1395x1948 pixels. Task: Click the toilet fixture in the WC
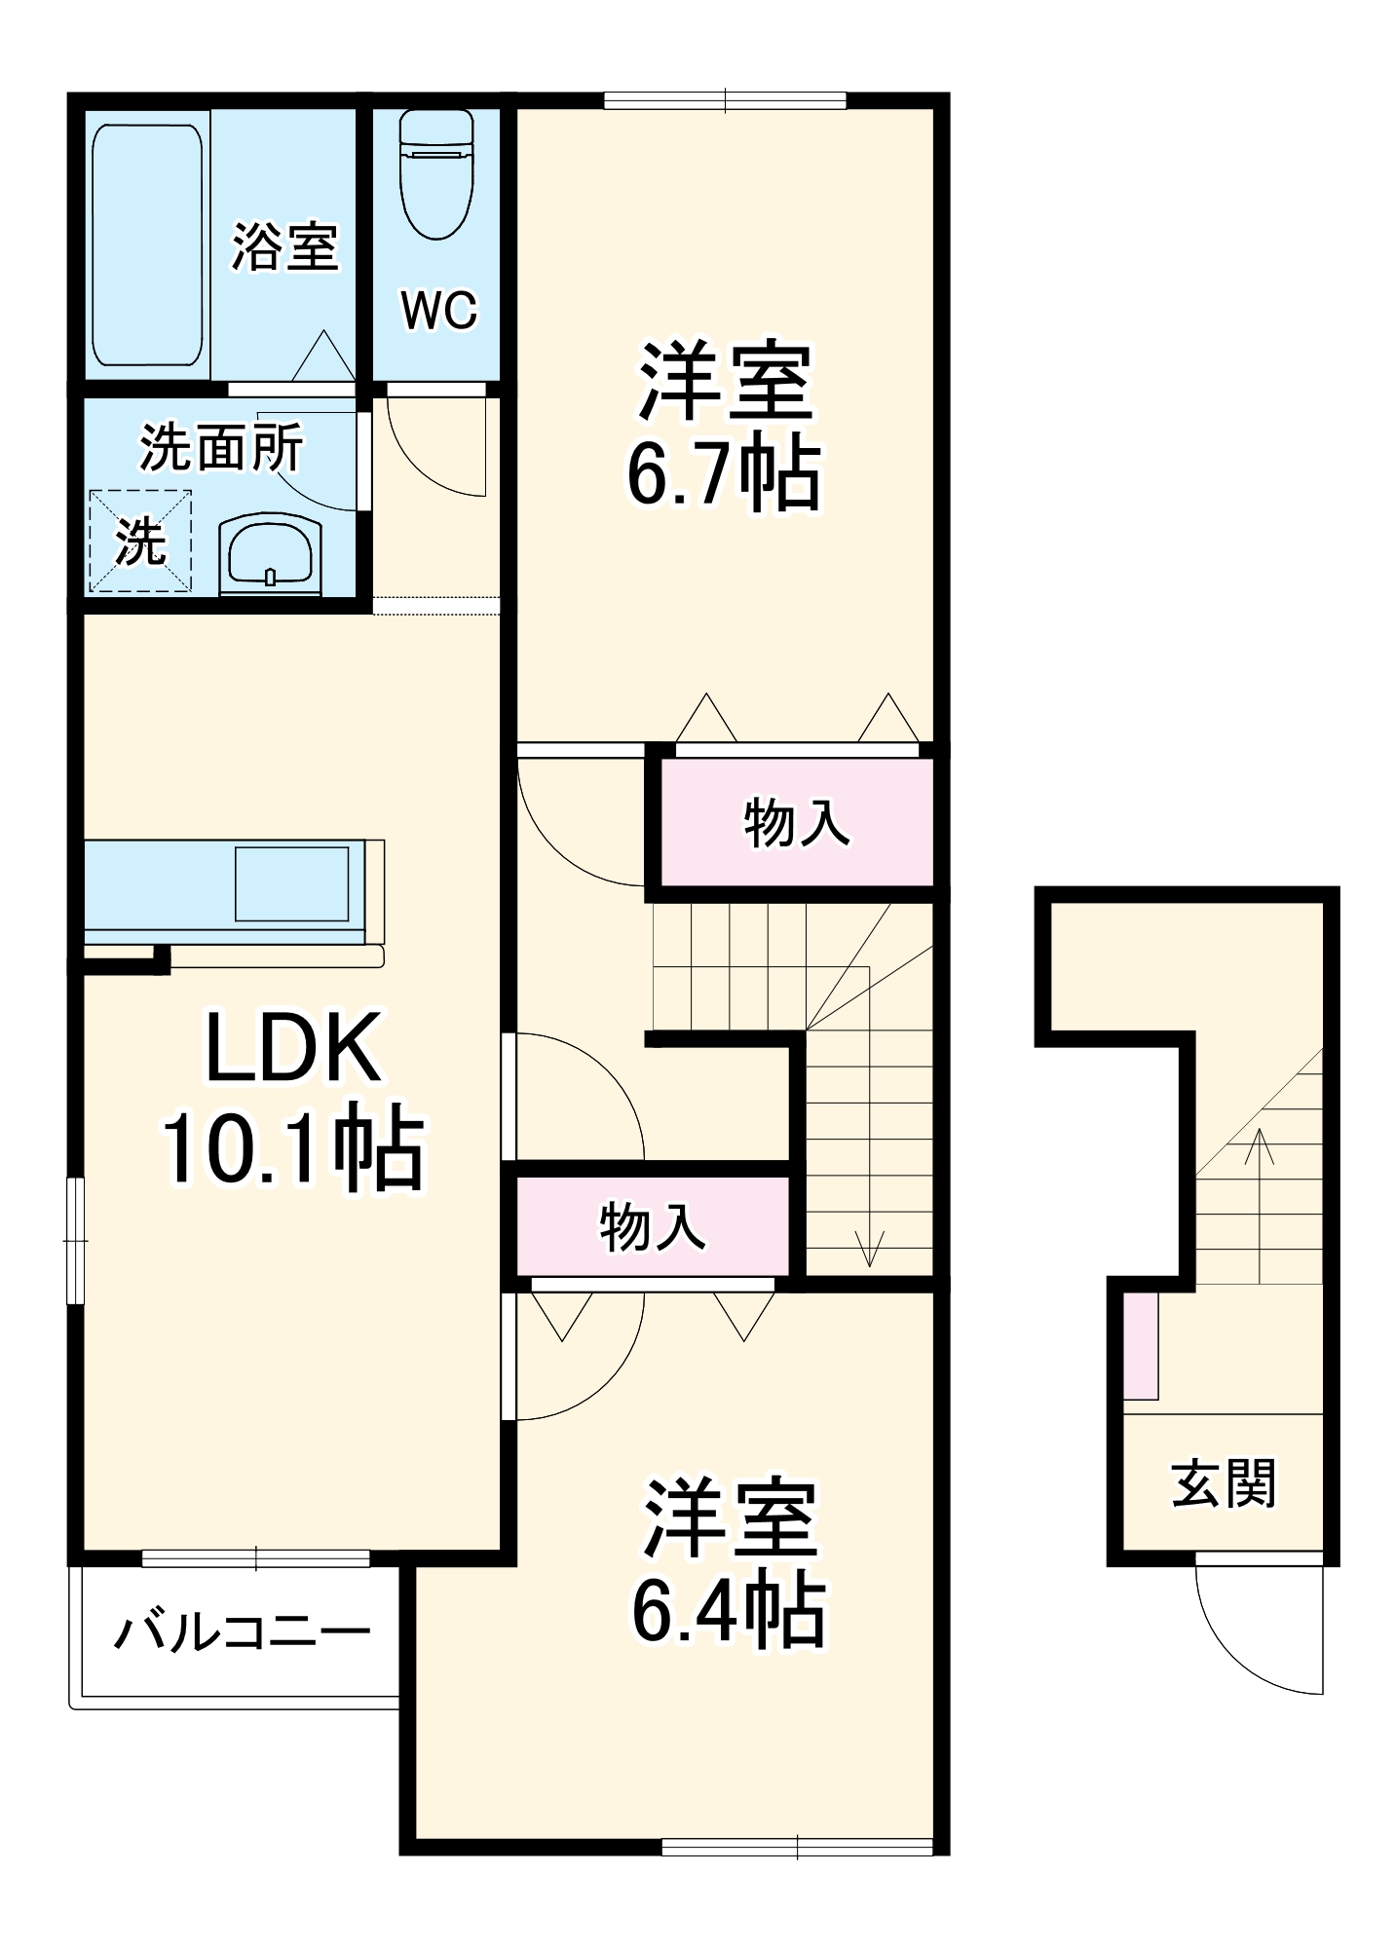click(x=436, y=175)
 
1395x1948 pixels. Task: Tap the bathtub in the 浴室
click(x=147, y=244)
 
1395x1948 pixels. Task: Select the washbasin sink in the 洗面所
click(x=271, y=553)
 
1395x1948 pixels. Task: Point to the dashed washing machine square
click(x=140, y=541)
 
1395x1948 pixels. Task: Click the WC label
click(x=438, y=311)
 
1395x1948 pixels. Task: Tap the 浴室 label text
click(x=284, y=246)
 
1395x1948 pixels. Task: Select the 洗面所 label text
click(x=221, y=448)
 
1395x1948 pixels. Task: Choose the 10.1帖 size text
click(x=292, y=1148)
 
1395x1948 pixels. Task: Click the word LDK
click(x=292, y=1049)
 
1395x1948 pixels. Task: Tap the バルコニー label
click(x=243, y=1632)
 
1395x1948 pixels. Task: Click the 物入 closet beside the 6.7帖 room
click(x=797, y=822)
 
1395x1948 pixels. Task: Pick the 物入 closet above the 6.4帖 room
click(x=652, y=1226)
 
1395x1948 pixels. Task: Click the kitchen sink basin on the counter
click(x=291, y=883)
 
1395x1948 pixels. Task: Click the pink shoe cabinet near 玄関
click(x=1141, y=1345)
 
